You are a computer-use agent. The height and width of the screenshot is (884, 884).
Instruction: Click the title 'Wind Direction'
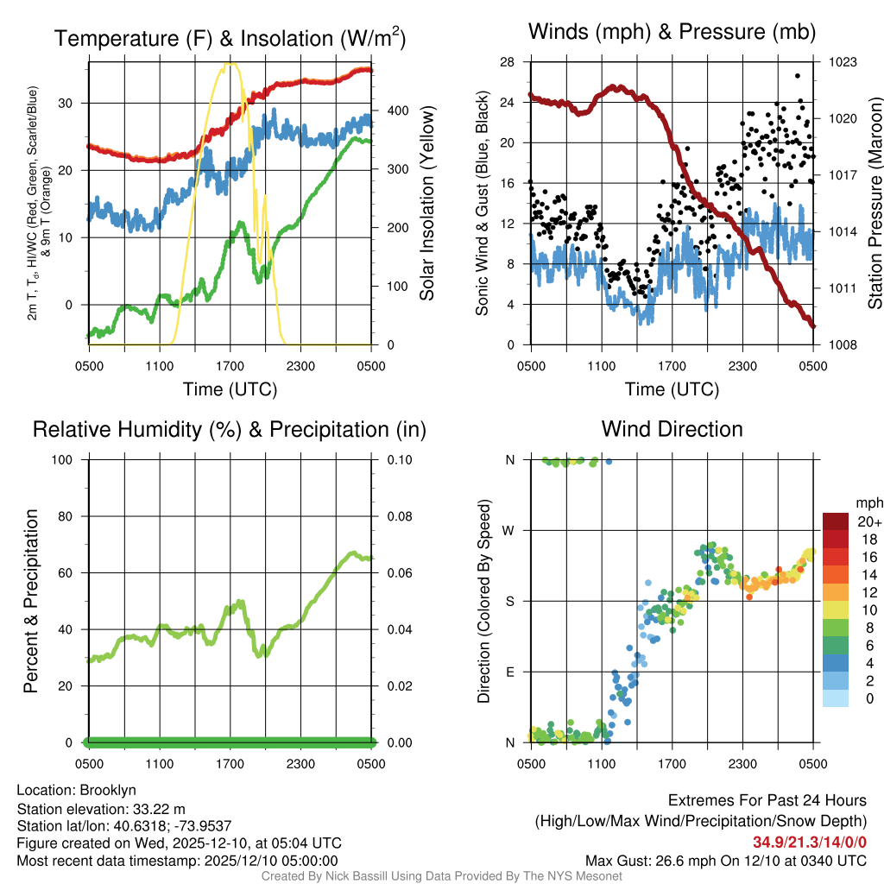click(672, 429)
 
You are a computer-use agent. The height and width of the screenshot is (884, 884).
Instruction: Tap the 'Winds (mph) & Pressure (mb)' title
click(672, 33)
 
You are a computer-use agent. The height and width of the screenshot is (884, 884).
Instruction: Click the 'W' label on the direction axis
click(511, 530)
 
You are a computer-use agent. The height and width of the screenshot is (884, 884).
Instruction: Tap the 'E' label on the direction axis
click(511, 672)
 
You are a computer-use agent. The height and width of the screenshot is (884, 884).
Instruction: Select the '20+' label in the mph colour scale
click(868, 521)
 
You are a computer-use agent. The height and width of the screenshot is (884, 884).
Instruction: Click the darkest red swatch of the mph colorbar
click(836, 521)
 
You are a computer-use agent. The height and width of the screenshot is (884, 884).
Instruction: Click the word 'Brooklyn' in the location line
click(108, 790)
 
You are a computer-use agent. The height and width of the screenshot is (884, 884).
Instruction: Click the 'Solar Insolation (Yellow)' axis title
click(427, 204)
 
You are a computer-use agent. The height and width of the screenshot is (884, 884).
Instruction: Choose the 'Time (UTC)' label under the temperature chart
click(230, 389)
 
